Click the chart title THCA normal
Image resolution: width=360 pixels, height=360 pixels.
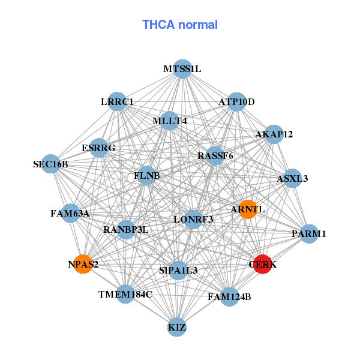tap(179, 25)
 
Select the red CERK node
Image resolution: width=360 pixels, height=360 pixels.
tap(262, 264)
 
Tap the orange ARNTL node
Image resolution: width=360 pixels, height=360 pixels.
tap(248, 209)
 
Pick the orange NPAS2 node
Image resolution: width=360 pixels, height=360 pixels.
tap(83, 264)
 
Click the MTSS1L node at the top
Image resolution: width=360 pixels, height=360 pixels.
tap(182, 69)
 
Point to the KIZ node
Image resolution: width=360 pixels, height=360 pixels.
tap(176, 328)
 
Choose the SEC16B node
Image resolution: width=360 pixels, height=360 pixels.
tap(51, 164)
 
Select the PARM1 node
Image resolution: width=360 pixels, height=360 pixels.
tap(309, 233)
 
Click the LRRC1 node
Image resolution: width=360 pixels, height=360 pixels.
tap(117, 101)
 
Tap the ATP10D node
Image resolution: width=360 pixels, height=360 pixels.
tap(236, 101)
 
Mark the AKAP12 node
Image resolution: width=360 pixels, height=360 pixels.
tap(274, 134)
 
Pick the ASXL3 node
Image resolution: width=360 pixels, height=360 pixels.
tap(292, 178)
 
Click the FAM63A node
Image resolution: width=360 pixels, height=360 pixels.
tap(70, 213)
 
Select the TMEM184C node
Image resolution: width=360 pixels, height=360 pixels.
tap(125, 294)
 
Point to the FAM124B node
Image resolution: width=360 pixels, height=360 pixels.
tap(229, 296)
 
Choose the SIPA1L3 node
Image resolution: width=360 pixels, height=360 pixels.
tap(178, 271)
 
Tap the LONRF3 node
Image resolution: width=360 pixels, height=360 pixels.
tap(193, 219)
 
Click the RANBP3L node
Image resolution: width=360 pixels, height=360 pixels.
tap(125, 229)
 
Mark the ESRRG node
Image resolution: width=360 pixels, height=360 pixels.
tap(98, 148)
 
